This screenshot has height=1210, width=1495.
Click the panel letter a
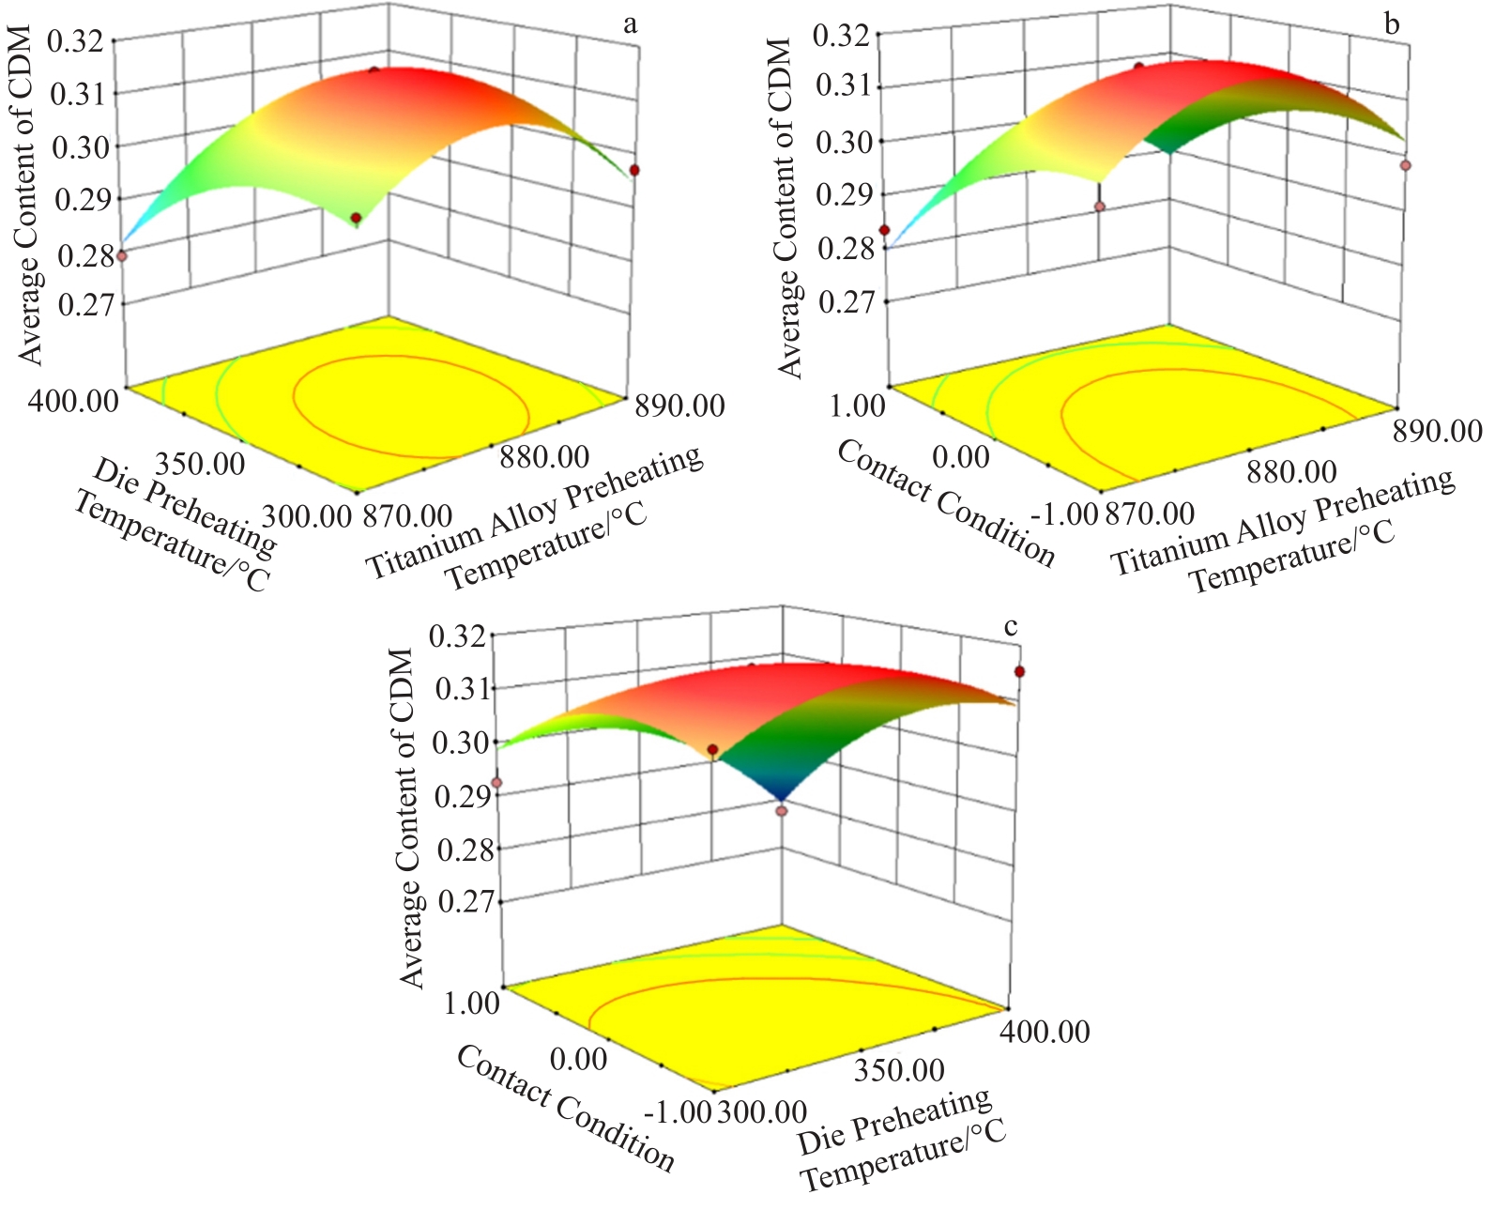click(630, 24)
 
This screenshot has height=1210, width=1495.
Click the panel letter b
click(1392, 24)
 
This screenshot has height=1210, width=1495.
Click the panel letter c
click(1011, 627)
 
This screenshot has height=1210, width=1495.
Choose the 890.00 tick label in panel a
click(680, 406)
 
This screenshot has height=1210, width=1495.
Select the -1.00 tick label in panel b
click(1063, 513)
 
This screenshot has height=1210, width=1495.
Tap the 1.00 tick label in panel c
click(471, 1003)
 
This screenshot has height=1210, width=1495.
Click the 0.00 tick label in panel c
click(579, 1059)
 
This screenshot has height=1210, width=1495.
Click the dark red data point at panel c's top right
click(1019, 672)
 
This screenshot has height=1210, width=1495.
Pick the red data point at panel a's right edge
click(635, 170)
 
